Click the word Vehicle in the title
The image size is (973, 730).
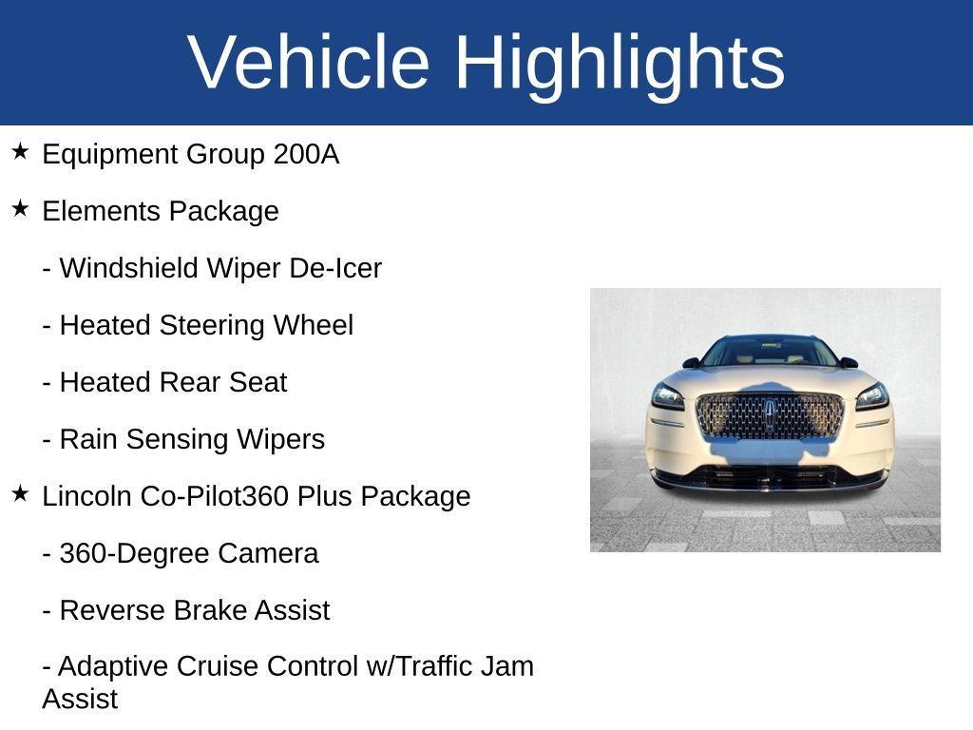(x=309, y=62)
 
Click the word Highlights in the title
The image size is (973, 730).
(x=620, y=62)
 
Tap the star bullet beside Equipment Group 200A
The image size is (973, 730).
(x=21, y=152)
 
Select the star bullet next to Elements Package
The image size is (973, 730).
(x=21, y=209)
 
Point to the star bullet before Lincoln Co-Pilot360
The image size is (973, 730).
(x=21, y=494)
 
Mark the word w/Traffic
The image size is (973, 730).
(x=421, y=666)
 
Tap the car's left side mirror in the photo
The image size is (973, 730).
(x=691, y=363)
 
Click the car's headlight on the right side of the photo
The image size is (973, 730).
(x=872, y=395)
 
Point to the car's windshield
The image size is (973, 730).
(x=770, y=353)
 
